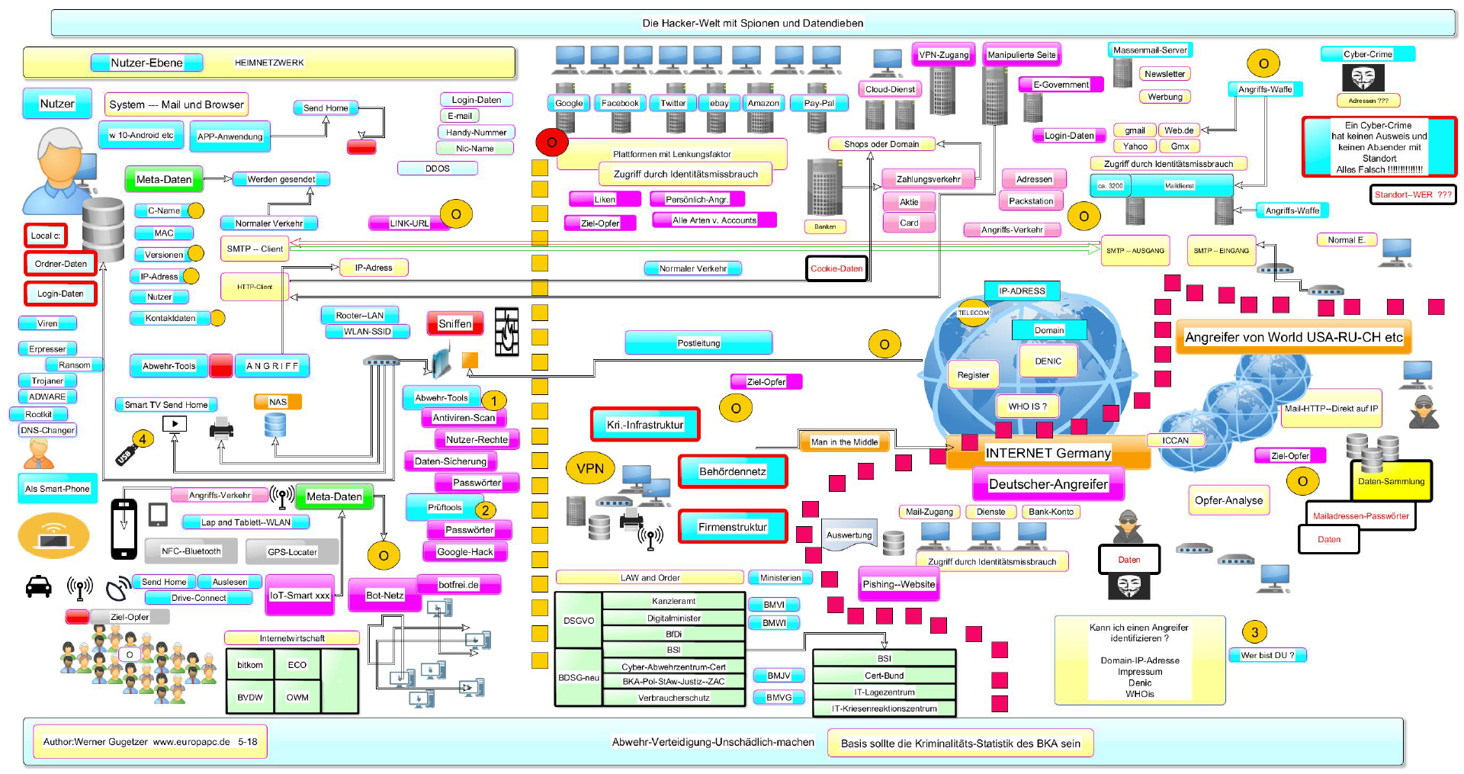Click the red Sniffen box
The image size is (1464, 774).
coord(454,324)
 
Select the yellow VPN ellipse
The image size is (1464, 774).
coord(589,469)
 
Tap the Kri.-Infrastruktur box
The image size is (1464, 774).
coord(645,425)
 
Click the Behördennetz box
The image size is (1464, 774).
coord(732,472)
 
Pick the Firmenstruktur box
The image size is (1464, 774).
coord(732,527)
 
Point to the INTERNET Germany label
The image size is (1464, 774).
coord(1048,453)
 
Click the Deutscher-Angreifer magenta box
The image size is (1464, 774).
coord(1048,484)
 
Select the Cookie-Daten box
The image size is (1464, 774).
coord(836,268)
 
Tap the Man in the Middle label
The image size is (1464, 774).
coord(844,442)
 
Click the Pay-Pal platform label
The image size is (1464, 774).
coord(819,103)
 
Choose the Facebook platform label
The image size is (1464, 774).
coord(620,103)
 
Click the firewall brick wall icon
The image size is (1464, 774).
coord(507,332)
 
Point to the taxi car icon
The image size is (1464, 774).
coord(39,586)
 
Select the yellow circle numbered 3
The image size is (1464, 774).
coord(1254,631)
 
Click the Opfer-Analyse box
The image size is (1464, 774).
coord(1228,500)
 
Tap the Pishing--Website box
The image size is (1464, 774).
coord(898,584)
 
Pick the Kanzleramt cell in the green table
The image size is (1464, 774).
coord(673,601)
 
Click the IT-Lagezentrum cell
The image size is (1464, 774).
coord(884,692)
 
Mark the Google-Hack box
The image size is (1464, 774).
coord(465,552)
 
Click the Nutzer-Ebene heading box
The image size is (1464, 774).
coord(146,63)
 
